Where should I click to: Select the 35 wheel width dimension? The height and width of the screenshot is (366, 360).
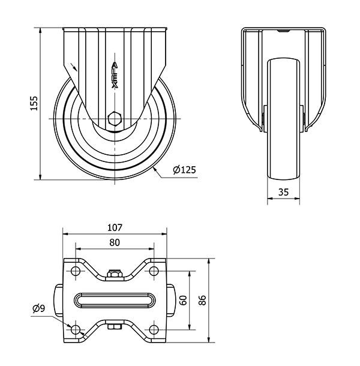[x=284, y=192]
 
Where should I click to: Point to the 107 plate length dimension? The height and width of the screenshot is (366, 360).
[x=115, y=227]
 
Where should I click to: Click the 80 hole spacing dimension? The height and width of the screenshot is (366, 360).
[x=115, y=242]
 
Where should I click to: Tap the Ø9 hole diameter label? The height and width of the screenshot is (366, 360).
[x=38, y=308]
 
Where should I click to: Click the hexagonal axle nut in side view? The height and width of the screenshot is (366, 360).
[x=115, y=118]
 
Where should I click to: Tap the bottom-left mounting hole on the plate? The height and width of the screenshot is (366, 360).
[x=76, y=329]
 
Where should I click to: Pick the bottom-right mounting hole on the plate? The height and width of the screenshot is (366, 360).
[x=154, y=329]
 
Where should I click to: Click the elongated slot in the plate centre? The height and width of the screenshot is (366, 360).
[x=115, y=300]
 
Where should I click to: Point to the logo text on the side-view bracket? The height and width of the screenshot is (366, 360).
[x=115, y=76]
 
